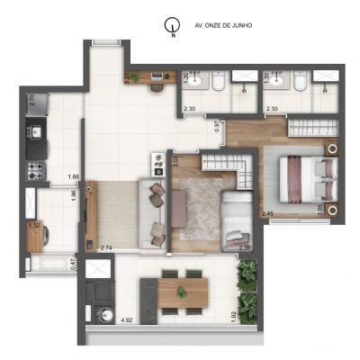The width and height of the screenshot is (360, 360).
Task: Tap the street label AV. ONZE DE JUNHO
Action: [223, 26]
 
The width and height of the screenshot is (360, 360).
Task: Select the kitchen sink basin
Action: [39, 140]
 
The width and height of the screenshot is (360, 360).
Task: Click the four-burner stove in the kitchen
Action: [37, 168]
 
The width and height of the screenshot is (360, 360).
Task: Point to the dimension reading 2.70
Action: [32, 101]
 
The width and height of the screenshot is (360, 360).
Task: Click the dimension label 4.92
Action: [102, 320]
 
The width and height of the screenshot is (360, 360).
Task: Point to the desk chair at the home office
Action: [155, 89]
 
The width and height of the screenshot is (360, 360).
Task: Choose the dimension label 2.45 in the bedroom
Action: [267, 213]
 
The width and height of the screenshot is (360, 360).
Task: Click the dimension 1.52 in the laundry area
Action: [34, 226]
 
